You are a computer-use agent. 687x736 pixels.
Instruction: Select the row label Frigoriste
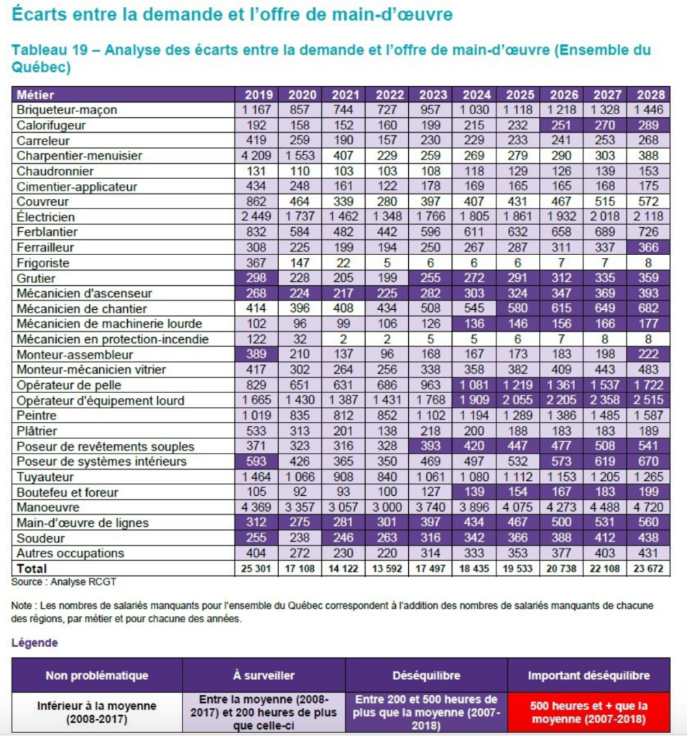42,263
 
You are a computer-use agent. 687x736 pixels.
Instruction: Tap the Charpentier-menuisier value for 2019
257,156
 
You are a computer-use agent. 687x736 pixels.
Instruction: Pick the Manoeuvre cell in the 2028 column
648,507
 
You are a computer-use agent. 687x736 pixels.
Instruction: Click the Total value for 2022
387,569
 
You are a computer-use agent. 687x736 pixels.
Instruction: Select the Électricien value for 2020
300,217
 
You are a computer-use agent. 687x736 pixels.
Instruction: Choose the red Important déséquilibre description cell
589,712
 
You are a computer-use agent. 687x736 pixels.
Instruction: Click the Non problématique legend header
97,676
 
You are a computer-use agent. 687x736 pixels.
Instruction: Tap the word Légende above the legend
34,643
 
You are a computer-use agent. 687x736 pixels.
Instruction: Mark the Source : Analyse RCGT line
63,582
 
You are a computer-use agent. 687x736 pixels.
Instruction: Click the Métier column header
35,95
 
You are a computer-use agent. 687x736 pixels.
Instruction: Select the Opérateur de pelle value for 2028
648,385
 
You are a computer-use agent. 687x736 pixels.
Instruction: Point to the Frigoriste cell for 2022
387,263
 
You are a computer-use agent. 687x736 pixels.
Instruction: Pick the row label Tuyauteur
45,477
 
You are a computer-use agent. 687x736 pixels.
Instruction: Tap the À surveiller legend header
264,676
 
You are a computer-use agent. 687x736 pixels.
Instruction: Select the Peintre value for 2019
257,416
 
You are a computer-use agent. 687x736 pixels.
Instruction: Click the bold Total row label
32,569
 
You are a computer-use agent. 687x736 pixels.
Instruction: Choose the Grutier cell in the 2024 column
474,278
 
